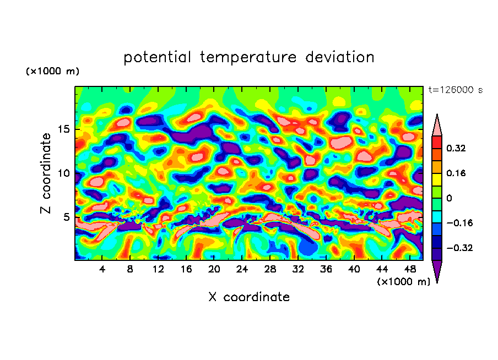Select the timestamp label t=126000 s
(455, 90)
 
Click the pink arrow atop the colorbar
(436, 125)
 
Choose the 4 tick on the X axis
(102, 270)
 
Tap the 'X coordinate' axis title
(249, 297)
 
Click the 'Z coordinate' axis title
(46, 173)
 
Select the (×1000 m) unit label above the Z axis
(52, 72)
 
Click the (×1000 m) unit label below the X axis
(403, 281)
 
